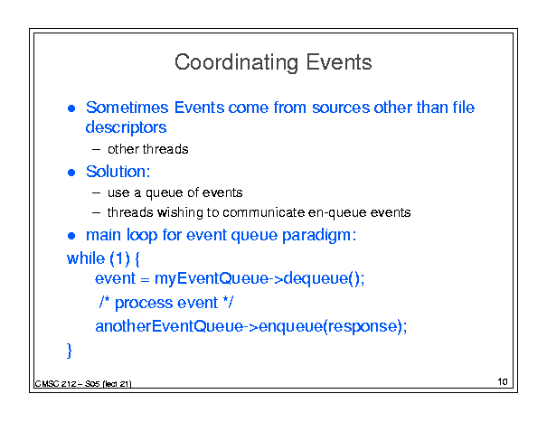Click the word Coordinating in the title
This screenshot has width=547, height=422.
coord(237,62)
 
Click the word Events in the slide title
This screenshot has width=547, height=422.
coord(339,62)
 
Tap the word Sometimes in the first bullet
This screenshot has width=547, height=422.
coord(127,108)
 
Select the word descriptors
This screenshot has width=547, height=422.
coord(126,127)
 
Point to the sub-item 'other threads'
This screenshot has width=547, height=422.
coord(148,149)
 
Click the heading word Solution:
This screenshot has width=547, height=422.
coord(118,172)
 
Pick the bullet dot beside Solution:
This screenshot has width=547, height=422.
coord(71,173)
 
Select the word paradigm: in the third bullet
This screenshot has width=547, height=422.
coord(319,236)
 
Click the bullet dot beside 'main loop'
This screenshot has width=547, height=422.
coord(71,236)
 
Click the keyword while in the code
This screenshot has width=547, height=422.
coord(86,258)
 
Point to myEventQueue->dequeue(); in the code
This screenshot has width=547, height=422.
coord(259,279)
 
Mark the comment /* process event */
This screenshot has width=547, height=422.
coord(166,303)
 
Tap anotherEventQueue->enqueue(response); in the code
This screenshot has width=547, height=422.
coord(251,327)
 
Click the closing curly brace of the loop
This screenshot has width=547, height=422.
coord(70,350)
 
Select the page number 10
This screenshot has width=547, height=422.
coord(503,381)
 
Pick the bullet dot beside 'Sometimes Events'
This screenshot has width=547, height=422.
coord(71,108)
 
